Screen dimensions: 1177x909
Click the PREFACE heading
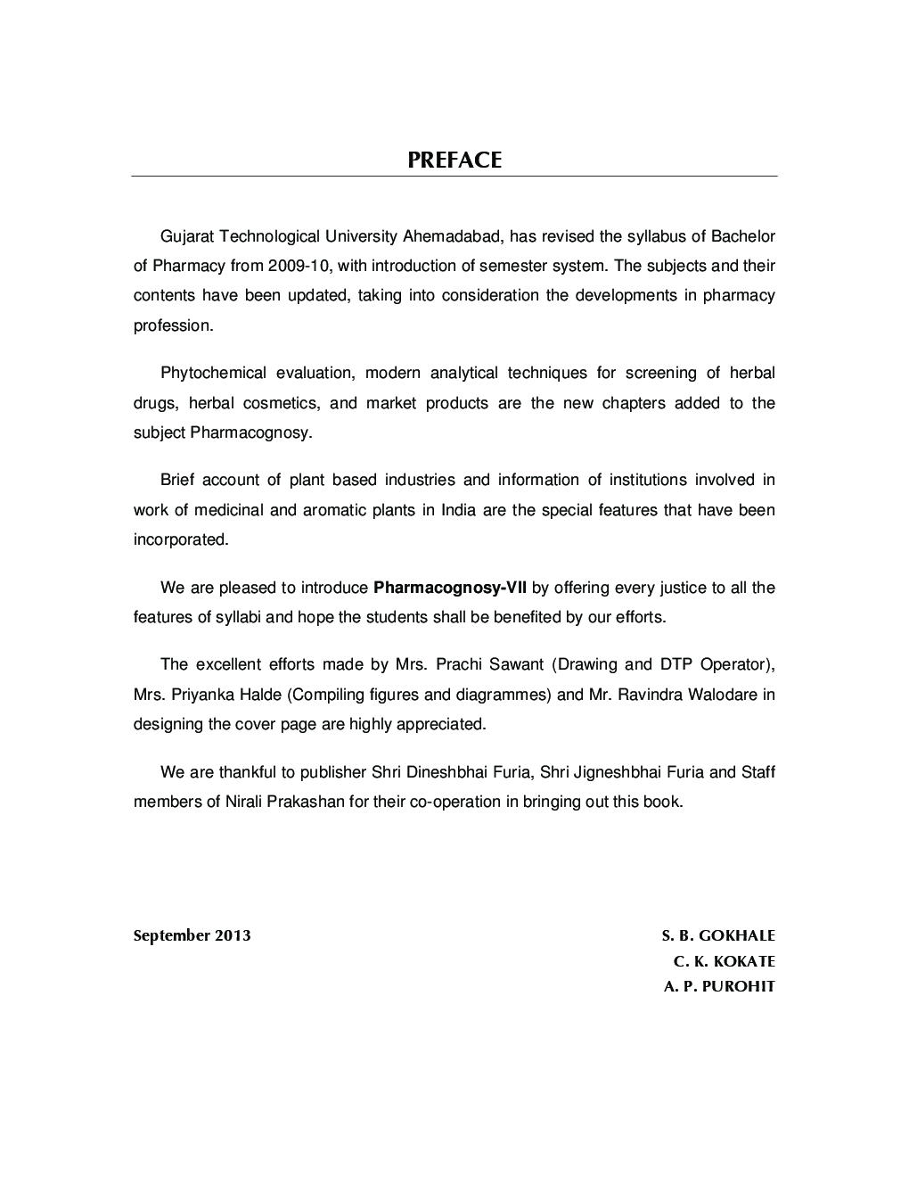pyautogui.click(x=454, y=160)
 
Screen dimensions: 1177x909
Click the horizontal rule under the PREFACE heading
pyautogui.click(x=454, y=176)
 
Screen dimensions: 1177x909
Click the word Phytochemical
pyautogui.click(x=213, y=373)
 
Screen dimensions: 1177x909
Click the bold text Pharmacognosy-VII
pyautogui.click(x=450, y=588)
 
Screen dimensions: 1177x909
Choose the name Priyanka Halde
pyautogui.click(x=223, y=694)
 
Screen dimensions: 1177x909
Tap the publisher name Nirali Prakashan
pyautogui.click(x=284, y=801)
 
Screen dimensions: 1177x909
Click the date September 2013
pyautogui.click(x=192, y=935)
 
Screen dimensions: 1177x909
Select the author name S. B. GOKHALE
pyautogui.click(x=718, y=935)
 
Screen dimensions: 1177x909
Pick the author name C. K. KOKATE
pyautogui.click(x=724, y=961)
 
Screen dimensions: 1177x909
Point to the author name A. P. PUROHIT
pyautogui.click(x=719, y=986)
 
